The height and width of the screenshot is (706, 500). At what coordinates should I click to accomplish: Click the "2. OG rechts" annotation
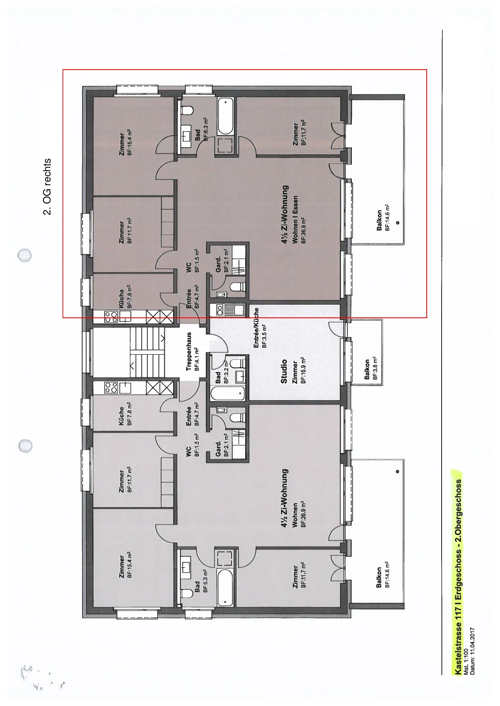(47, 187)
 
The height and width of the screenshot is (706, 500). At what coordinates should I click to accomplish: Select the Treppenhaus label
(189, 351)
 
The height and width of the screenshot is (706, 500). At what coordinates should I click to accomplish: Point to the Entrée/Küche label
(256, 328)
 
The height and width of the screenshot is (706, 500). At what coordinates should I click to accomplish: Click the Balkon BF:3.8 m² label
(371, 369)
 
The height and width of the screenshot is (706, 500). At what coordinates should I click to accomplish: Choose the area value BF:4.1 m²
(197, 359)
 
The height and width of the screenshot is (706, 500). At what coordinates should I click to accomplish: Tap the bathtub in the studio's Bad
(227, 393)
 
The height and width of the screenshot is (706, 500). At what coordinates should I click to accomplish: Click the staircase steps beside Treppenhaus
(148, 352)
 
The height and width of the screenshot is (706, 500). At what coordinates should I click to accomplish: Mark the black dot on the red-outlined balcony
(397, 222)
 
